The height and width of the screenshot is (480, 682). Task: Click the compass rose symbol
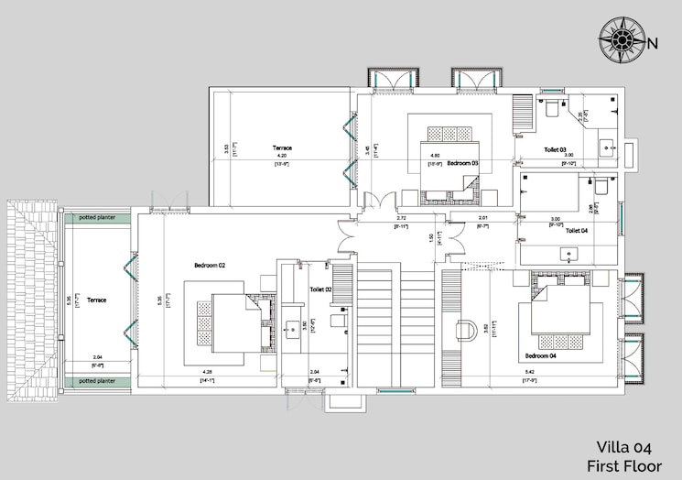coord(622,42)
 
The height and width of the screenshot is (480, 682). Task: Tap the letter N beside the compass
coord(653,43)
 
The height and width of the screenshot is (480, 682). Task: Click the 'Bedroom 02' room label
coord(210,266)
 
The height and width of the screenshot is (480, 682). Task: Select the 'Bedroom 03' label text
coord(463,163)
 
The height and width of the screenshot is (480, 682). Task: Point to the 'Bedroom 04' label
coord(540,355)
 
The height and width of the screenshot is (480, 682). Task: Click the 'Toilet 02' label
coord(320,289)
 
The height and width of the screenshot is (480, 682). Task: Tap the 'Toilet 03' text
coord(556,149)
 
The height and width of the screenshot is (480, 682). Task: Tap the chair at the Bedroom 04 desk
coord(465,328)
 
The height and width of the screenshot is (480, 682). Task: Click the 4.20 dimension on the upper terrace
coord(281,157)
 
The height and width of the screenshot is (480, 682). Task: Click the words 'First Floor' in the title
coord(624,465)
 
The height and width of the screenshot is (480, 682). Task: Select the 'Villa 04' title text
coord(624,447)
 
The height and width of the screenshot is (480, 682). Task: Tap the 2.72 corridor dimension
coord(402,218)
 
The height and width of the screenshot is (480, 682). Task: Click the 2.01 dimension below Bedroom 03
coord(483,217)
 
